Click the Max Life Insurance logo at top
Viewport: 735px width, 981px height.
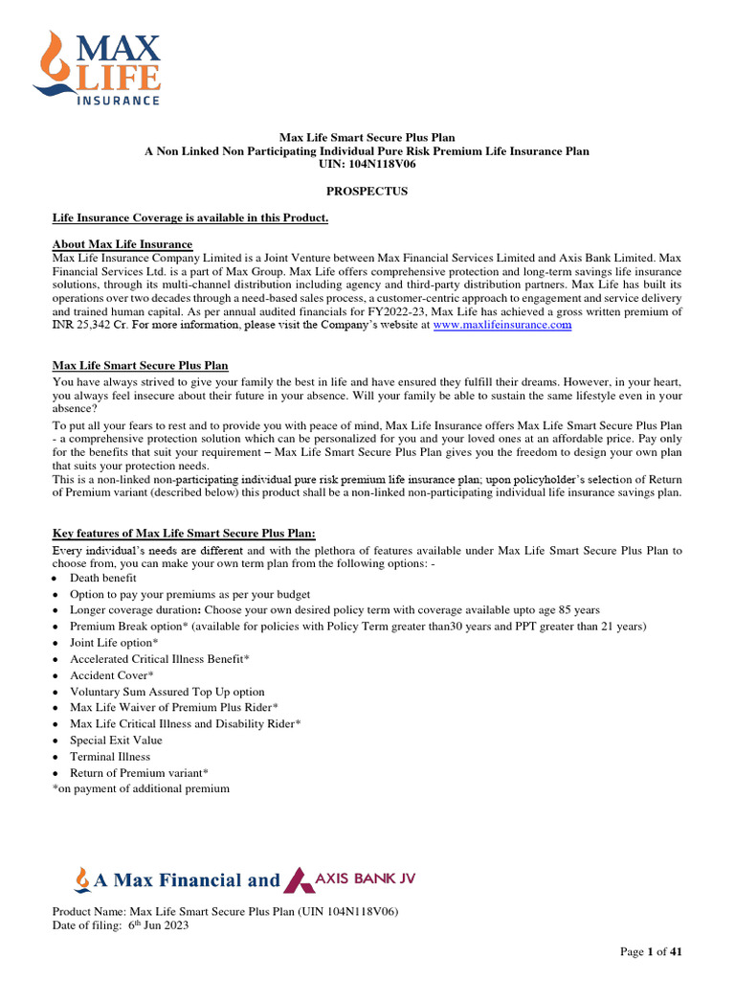click(97, 66)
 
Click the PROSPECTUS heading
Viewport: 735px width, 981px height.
click(367, 192)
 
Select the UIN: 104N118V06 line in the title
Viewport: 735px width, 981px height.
click(367, 165)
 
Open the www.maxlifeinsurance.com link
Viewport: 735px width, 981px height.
click(501, 326)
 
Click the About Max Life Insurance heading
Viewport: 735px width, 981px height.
click(122, 244)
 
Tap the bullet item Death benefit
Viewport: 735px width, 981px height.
click(102, 579)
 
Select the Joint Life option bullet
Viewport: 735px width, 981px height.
click(114, 643)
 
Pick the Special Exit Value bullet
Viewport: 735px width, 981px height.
click(116, 741)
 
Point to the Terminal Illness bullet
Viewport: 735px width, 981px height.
click(110, 757)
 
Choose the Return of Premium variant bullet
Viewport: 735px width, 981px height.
click(139, 773)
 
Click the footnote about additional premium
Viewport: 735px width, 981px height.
click(141, 788)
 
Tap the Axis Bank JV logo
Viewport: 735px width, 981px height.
click(352, 879)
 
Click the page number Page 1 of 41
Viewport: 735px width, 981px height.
click(651, 952)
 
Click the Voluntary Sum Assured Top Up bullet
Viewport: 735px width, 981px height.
click(167, 692)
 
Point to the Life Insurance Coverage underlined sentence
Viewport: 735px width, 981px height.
click(190, 218)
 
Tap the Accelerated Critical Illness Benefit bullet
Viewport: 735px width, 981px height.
click(160, 659)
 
